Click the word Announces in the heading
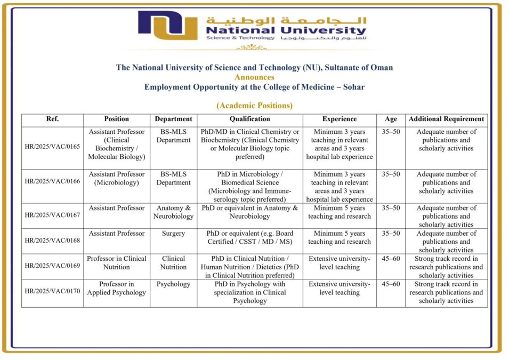[x=254, y=77]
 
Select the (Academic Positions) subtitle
[x=254, y=106]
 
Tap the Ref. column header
[x=52, y=119]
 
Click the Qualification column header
[x=249, y=119]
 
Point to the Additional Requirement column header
[x=446, y=119]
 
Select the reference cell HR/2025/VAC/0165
[x=52, y=146]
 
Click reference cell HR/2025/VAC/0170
[x=52, y=292]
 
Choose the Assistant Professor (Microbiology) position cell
[x=117, y=178]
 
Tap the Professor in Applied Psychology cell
[x=117, y=288]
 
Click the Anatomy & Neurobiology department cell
[x=173, y=212]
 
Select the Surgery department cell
[x=173, y=234]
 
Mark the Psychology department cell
[x=173, y=284]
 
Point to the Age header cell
[x=391, y=119]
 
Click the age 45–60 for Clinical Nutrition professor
[x=391, y=259]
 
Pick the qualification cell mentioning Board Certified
[x=249, y=237]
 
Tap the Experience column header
[x=340, y=119]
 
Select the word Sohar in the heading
[x=353, y=86]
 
